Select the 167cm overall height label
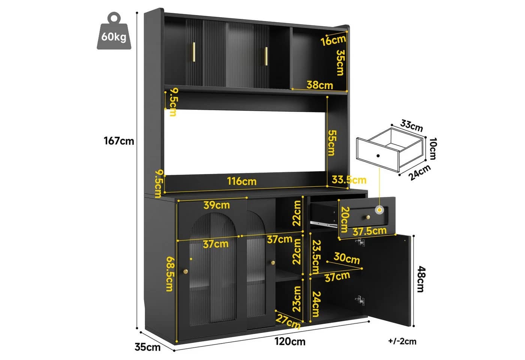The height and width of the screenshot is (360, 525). click(x=119, y=141)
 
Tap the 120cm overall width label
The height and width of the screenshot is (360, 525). click(x=290, y=342)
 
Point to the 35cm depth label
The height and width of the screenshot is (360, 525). click(x=148, y=347)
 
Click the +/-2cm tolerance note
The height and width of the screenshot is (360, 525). click(x=402, y=341)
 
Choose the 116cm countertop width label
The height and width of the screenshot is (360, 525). click(x=241, y=181)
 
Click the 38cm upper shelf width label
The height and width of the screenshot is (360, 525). click(x=319, y=85)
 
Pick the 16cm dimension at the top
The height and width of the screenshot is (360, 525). click(x=333, y=40)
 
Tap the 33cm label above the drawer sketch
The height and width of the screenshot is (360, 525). click(x=412, y=126)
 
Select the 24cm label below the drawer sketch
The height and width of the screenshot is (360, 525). click(x=420, y=172)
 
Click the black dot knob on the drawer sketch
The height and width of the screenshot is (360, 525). click(x=378, y=156)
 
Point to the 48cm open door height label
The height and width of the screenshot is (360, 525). click(x=421, y=279)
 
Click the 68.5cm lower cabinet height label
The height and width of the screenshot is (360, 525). click(x=170, y=274)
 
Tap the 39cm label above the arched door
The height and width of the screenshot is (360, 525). click(x=217, y=205)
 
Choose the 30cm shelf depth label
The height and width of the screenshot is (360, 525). click(x=346, y=258)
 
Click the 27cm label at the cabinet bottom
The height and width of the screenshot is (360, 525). click(x=288, y=321)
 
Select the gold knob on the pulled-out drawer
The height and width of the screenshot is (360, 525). click(x=368, y=217)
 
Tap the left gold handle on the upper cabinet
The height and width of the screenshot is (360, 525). click(x=194, y=52)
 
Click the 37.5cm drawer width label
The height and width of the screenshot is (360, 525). click(x=369, y=231)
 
